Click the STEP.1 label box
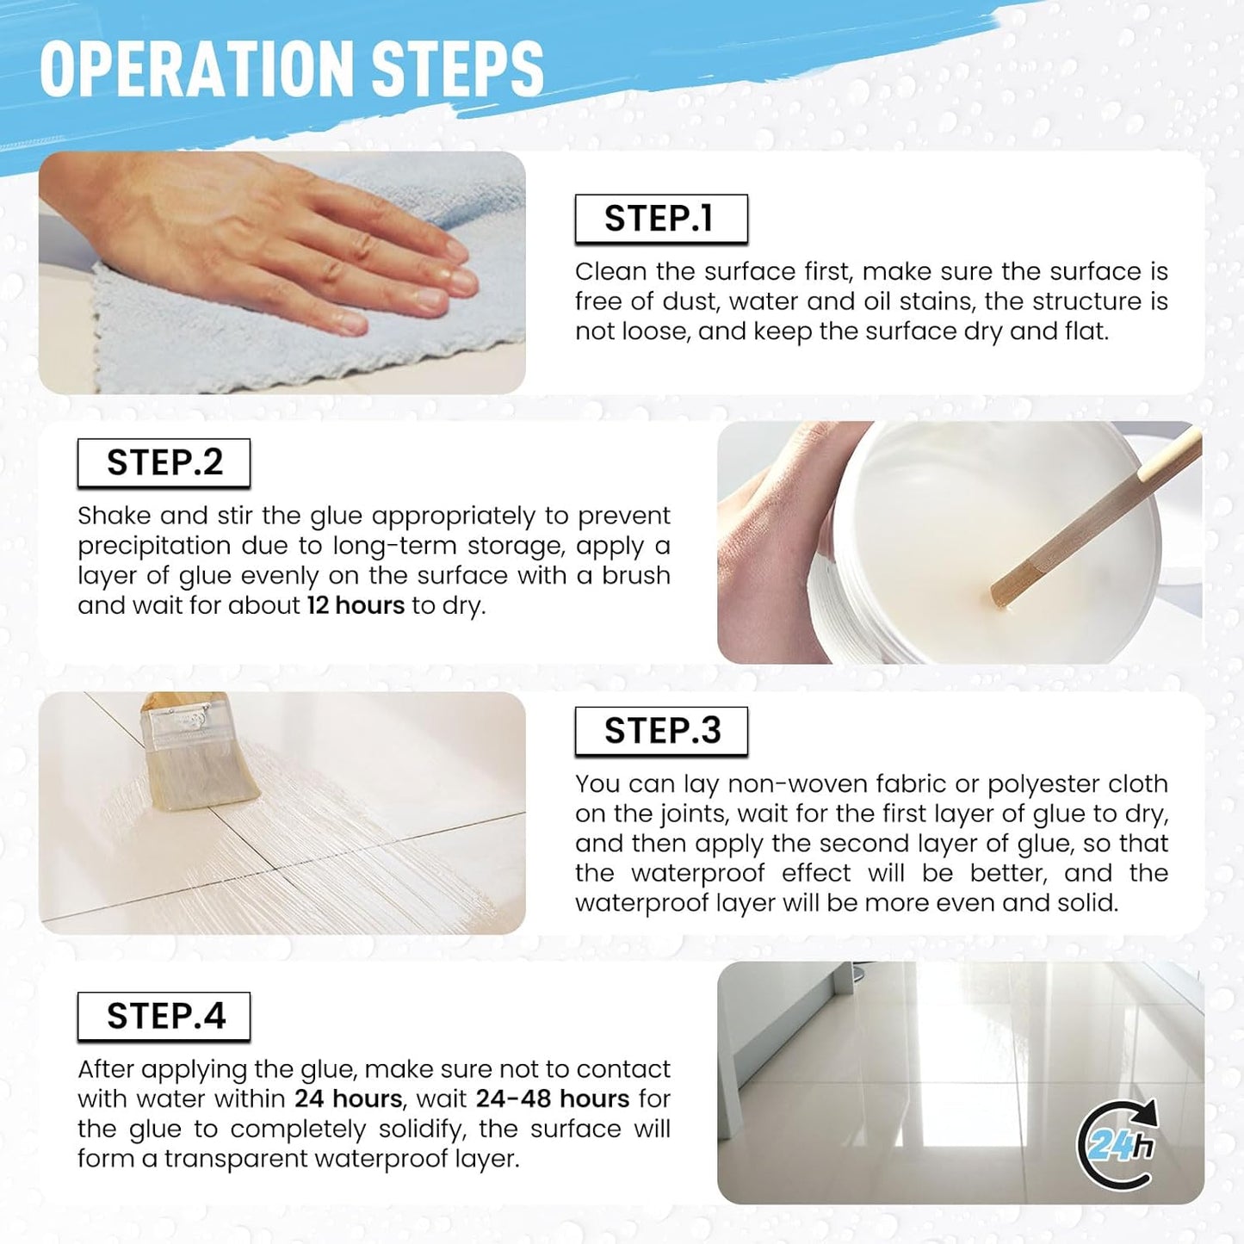click(661, 219)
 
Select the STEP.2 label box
click(164, 463)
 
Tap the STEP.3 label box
click(661, 731)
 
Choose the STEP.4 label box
click(164, 1016)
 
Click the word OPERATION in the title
click(197, 69)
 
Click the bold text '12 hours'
click(356, 605)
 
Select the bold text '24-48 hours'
click(553, 1099)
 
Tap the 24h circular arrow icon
click(1117, 1145)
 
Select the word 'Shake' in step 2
click(114, 516)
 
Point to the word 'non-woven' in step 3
click(796, 783)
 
